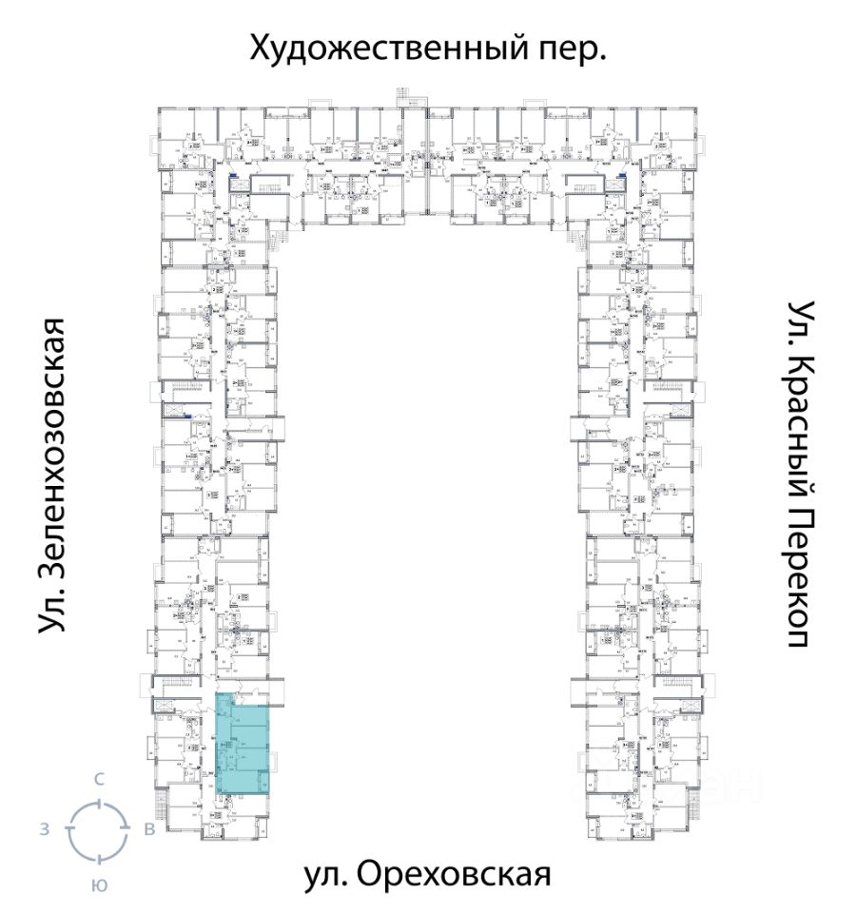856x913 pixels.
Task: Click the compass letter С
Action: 98,779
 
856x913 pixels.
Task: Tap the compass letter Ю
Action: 98,884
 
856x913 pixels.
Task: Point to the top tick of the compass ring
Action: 98,801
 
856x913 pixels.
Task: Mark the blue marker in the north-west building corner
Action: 234,176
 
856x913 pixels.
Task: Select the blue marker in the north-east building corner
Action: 622,176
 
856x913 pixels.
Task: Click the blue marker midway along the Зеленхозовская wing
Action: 187,417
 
